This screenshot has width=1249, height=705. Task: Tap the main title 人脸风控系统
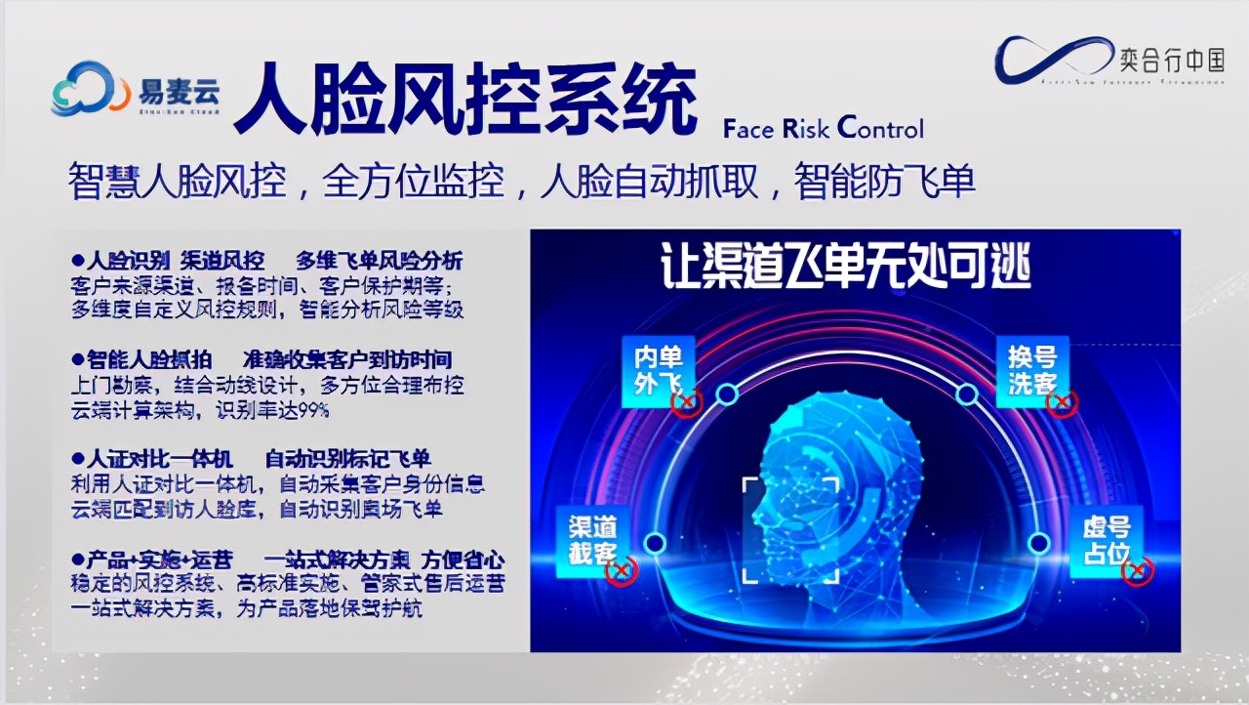tap(465, 102)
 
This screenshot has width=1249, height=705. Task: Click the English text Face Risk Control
tap(823, 128)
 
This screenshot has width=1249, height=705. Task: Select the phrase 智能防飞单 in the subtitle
tap(885, 182)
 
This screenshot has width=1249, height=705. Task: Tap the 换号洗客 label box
tap(1032, 367)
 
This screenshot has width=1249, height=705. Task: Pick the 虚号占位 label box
tap(1106, 540)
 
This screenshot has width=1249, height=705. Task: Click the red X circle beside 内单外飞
tap(687, 400)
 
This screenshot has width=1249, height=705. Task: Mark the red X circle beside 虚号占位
tap(1137, 572)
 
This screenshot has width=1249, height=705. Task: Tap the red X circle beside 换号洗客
tap(1063, 401)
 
